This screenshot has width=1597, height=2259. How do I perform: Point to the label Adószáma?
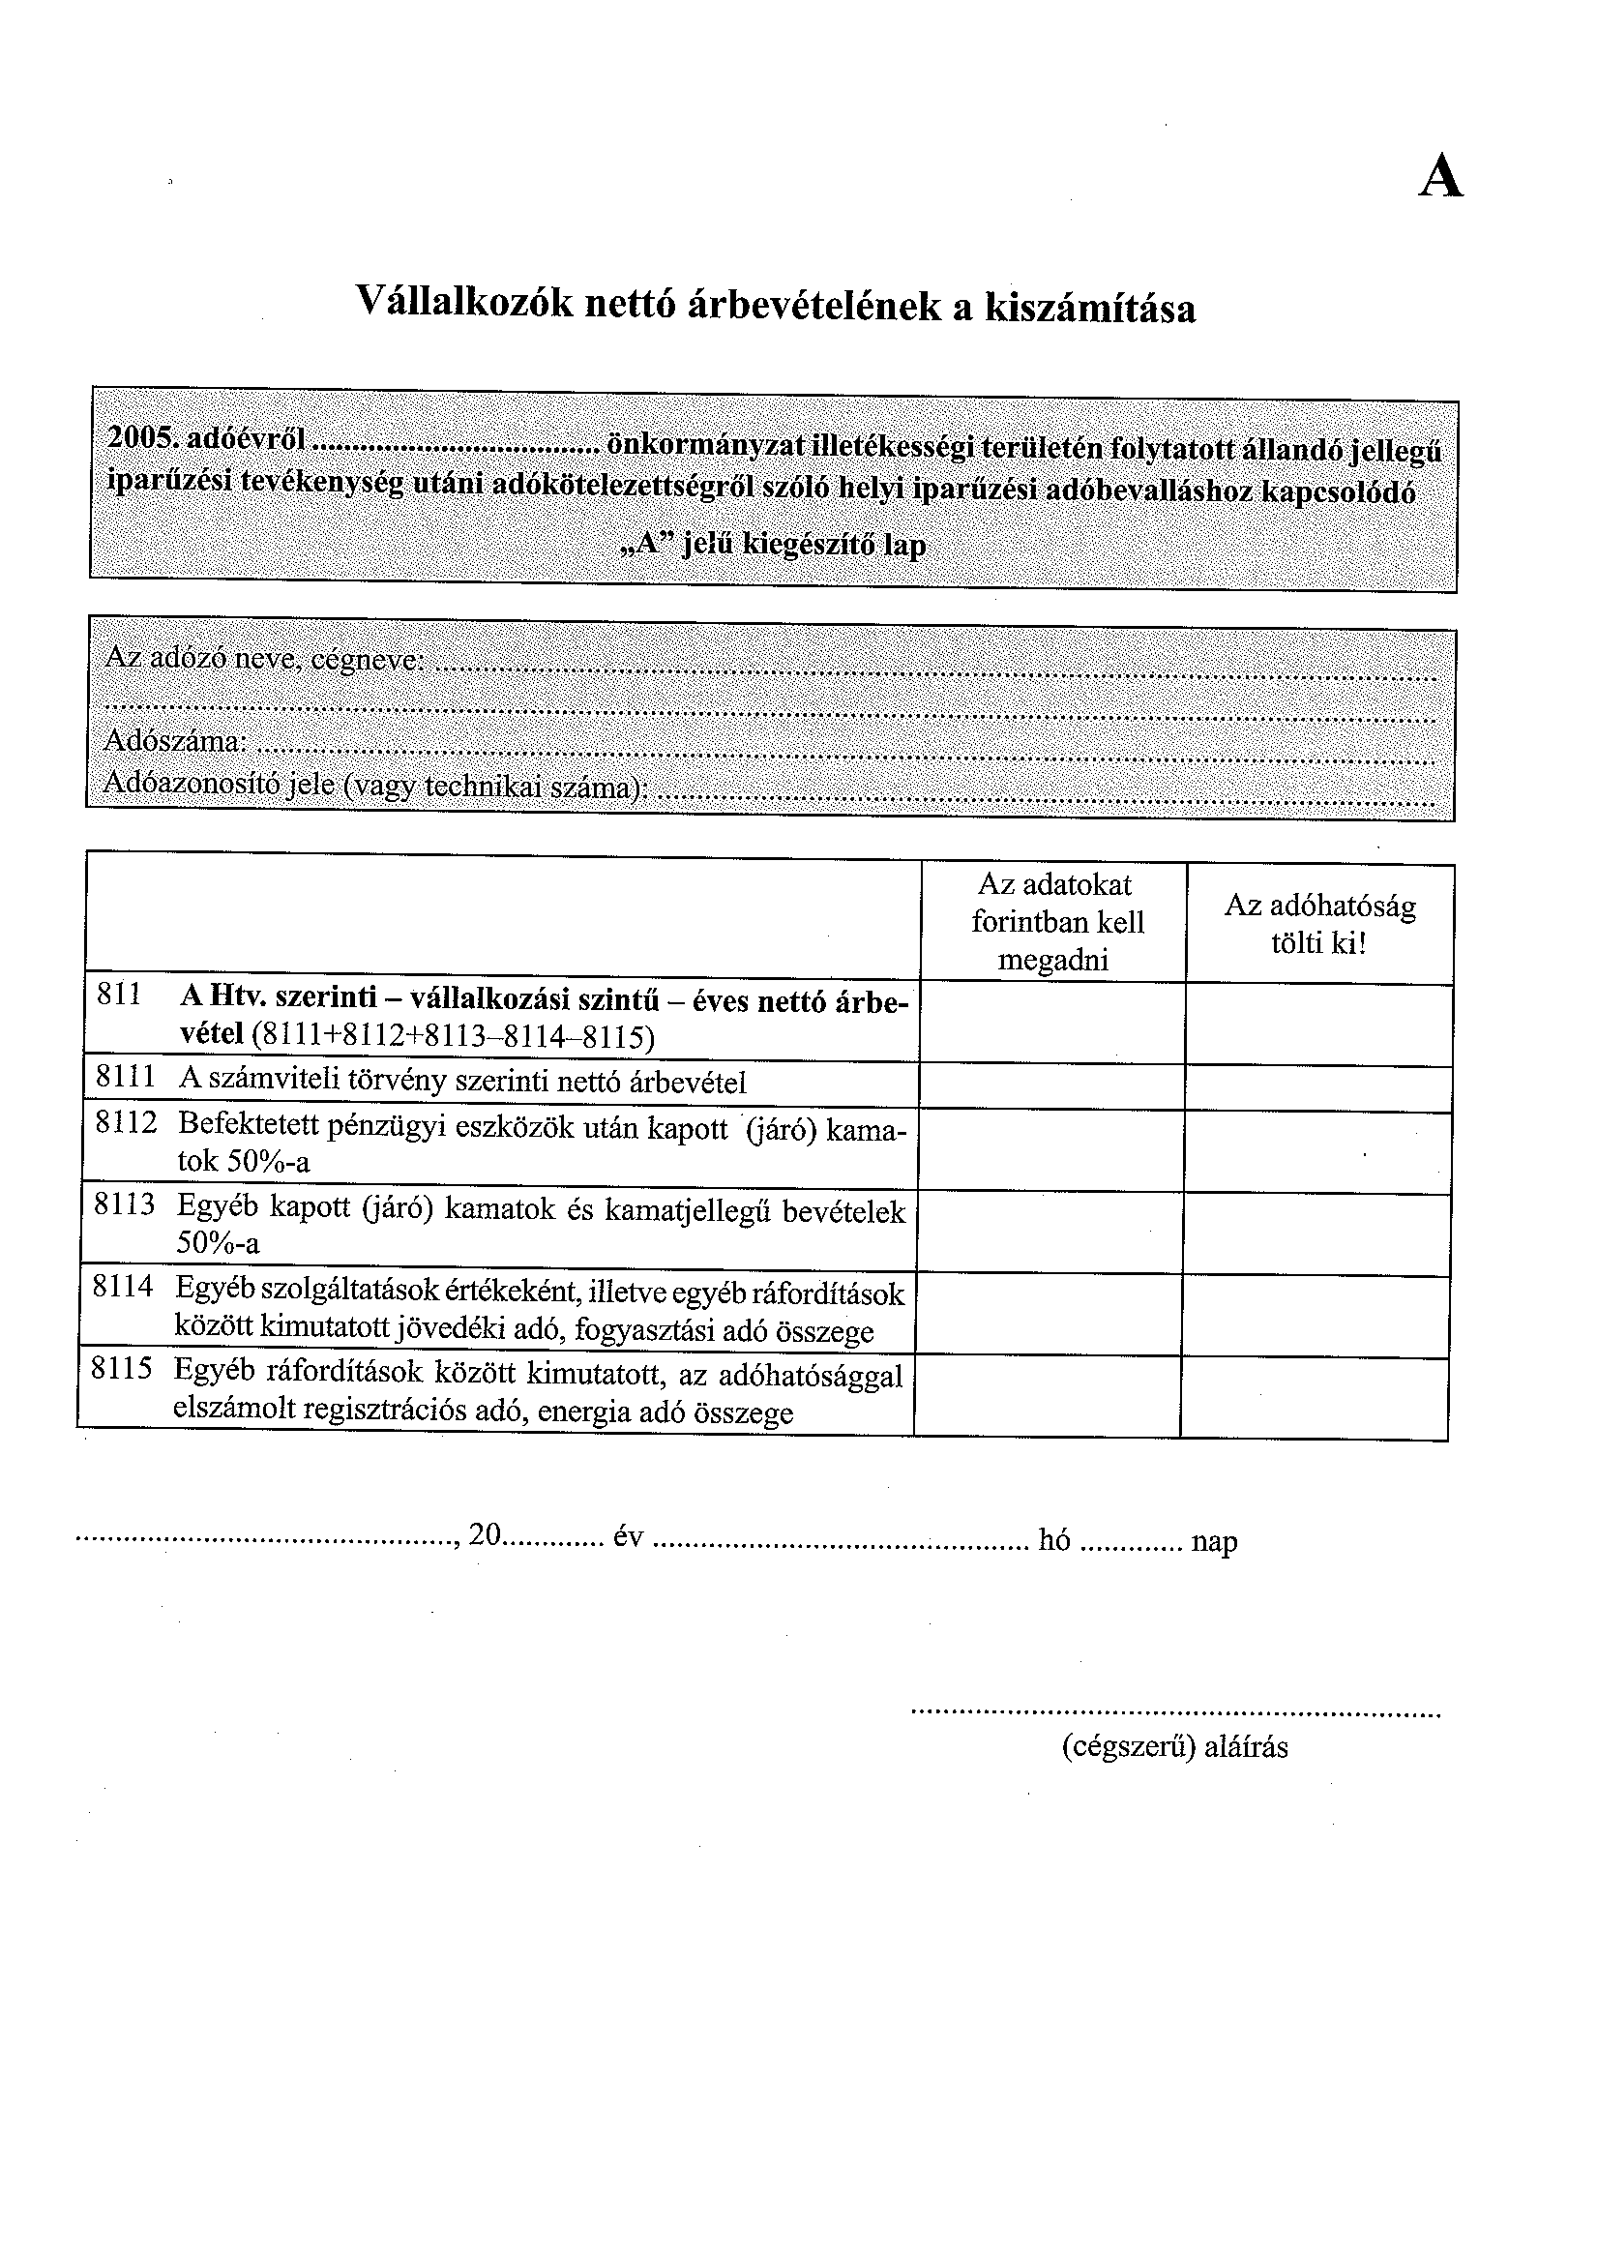175,740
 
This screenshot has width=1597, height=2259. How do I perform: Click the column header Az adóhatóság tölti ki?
1318,924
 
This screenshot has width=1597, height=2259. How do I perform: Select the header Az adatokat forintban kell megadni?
1056,922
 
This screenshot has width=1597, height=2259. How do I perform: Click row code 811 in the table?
119,996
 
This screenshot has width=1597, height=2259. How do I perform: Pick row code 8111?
125,1078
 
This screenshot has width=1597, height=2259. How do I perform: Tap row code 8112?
125,1122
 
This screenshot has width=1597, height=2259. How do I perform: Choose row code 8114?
122,1286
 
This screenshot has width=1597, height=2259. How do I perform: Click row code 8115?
121,1369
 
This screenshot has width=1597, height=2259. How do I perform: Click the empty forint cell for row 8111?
1051,1087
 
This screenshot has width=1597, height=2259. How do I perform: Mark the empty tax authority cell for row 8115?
1315,1398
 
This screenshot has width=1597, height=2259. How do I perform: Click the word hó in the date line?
1053,1540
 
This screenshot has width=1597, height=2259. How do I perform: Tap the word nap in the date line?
1214,1541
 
